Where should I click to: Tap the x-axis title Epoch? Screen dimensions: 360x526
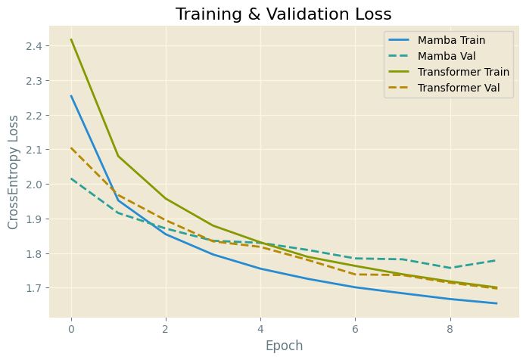283,345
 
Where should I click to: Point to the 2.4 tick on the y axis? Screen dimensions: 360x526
33,46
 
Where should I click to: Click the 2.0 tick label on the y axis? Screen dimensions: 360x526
33,185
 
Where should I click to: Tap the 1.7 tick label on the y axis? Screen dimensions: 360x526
33,288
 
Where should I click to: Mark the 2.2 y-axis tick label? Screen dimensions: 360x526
33,116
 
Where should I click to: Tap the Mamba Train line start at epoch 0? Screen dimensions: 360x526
71,95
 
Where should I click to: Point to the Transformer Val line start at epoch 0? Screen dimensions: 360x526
71,148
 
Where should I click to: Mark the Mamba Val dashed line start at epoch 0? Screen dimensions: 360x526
71,178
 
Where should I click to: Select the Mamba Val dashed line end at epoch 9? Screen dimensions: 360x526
496,260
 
